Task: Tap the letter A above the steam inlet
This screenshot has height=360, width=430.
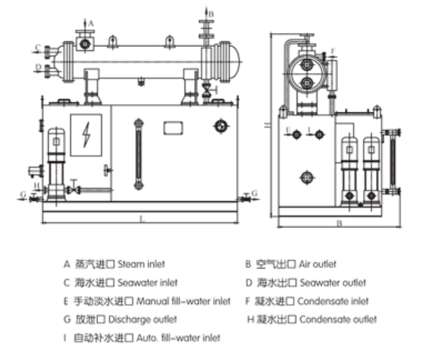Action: point(91,23)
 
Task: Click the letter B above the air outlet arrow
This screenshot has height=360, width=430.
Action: point(212,13)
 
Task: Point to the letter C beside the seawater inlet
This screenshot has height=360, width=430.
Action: point(38,47)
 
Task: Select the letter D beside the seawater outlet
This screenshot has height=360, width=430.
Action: point(38,66)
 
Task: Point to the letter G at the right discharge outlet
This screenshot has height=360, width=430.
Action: point(254,192)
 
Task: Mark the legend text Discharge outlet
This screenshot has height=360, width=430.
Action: point(143,319)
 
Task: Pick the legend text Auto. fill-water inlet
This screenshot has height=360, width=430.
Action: point(179,338)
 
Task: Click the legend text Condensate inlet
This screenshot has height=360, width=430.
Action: point(333,301)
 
